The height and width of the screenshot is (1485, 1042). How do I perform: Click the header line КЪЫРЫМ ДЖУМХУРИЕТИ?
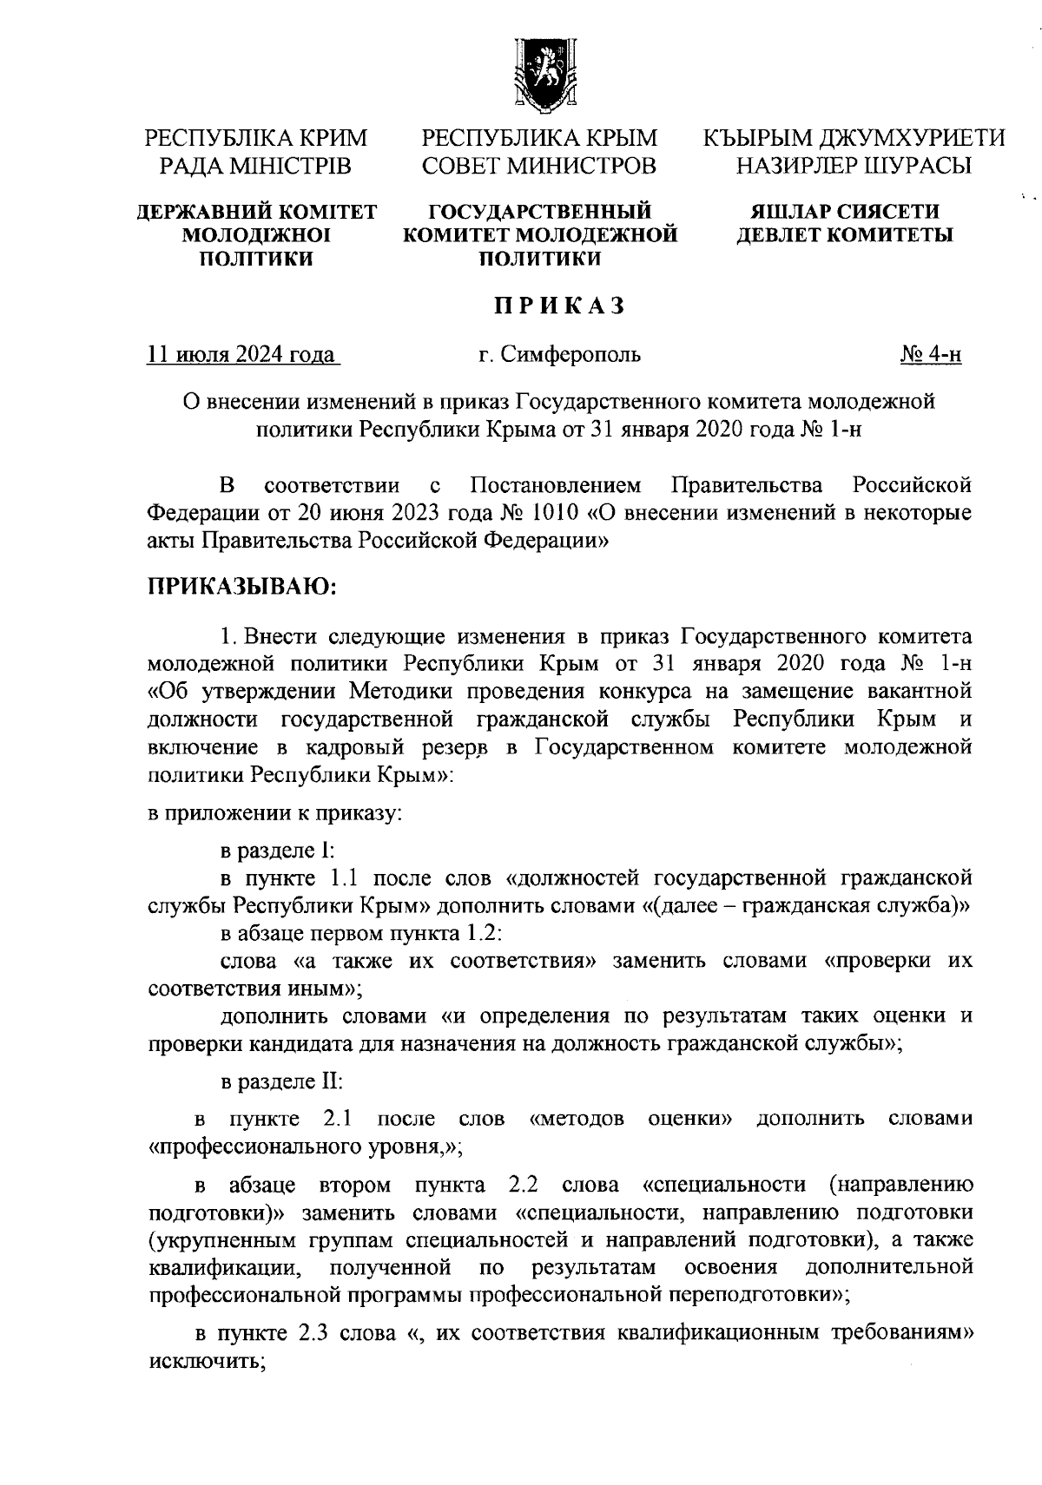coord(854,138)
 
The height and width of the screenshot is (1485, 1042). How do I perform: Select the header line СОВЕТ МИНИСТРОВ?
coord(538,164)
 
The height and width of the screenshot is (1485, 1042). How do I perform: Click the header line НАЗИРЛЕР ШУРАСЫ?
coord(854,164)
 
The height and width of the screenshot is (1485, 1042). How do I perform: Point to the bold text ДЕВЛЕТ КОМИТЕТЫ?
coord(844,234)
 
